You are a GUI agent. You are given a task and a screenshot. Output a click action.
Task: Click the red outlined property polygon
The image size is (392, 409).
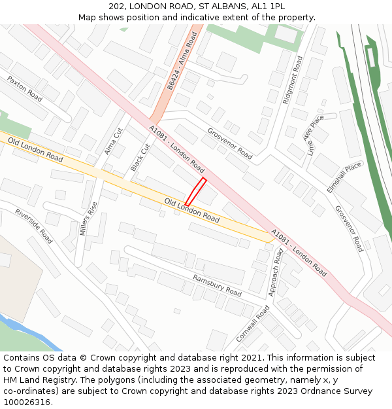(x=195, y=191)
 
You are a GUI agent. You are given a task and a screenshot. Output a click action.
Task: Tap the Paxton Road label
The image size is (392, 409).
(x=25, y=88)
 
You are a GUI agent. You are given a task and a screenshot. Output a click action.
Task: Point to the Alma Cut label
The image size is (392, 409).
(x=113, y=141)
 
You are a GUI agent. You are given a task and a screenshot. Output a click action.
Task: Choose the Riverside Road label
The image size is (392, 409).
(x=33, y=226)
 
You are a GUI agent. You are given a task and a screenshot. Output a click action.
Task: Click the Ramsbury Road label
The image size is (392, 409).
(x=217, y=284)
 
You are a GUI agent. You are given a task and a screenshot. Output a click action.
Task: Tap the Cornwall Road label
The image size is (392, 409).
(x=252, y=324)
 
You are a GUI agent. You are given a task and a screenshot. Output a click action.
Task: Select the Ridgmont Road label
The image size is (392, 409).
(x=291, y=80)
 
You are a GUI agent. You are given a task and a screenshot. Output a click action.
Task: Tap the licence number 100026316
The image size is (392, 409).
(x=25, y=402)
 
